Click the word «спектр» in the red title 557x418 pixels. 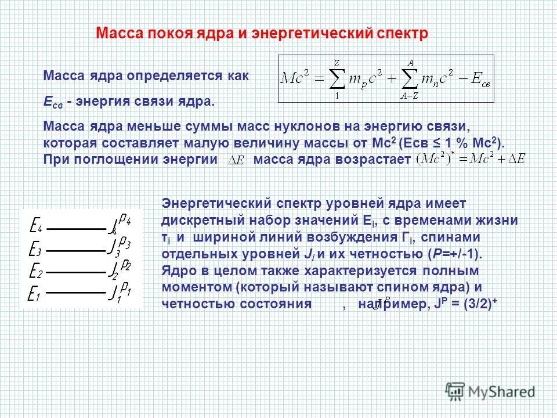tap(401, 34)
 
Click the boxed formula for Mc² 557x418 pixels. tap(386, 78)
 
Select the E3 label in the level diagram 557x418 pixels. tap(35, 251)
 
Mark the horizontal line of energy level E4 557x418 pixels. tap(76, 228)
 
